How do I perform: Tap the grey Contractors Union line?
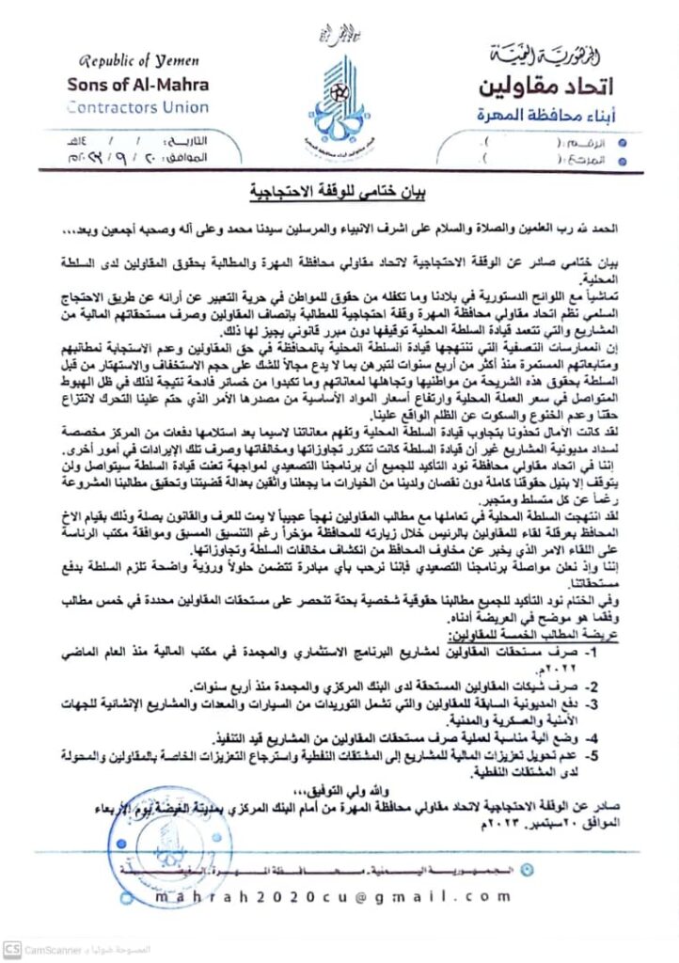pos(138,107)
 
